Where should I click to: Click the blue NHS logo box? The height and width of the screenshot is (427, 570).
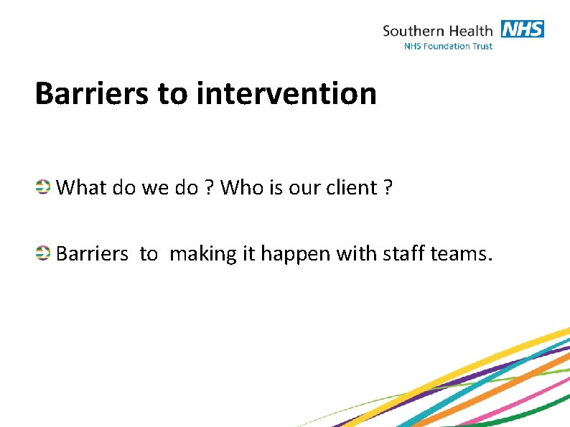pyautogui.click(x=522, y=29)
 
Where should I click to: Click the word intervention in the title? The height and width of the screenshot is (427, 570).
pyautogui.click(x=286, y=94)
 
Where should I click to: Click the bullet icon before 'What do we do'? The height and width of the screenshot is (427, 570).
pyautogui.click(x=43, y=187)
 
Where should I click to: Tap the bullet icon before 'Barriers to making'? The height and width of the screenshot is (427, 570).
pyautogui.click(x=43, y=253)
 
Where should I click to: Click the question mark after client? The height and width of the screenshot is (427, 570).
pyautogui.click(x=388, y=188)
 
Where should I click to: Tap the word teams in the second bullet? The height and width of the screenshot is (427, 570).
pyautogui.click(x=460, y=254)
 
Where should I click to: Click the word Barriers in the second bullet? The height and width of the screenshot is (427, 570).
pyautogui.click(x=92, y=254)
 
